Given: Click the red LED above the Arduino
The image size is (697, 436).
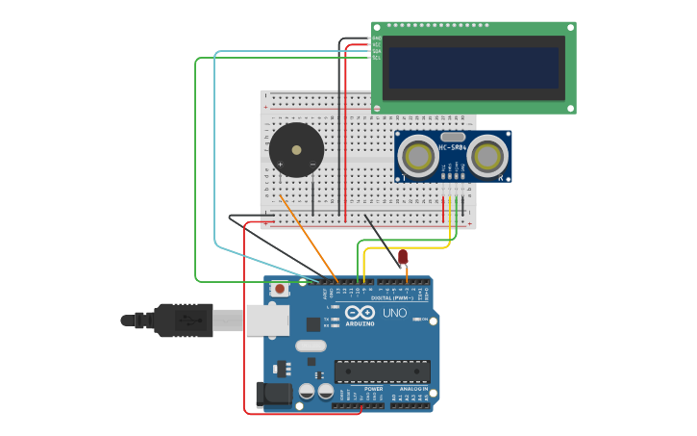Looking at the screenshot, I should click(403, 256).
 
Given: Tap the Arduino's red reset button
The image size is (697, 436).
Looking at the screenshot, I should click(280, 288).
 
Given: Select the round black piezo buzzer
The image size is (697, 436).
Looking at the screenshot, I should click(296, 150).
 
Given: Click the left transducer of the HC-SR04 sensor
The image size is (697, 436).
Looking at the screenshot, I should click(418, 156).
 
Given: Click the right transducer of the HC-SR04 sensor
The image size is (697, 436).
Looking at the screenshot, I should click(487, 156).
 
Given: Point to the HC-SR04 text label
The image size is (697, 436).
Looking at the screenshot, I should click(453, 147).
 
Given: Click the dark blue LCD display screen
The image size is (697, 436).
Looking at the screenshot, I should click(473, 67).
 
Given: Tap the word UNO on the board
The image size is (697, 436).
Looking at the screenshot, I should click(394, 313).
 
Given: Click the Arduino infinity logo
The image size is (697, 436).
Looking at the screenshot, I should click(360, 313).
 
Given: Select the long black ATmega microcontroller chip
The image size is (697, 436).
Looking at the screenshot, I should click(382, 371).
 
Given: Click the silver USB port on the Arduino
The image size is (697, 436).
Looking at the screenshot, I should click(267, 320).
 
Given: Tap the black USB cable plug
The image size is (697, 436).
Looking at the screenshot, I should click(183, 320).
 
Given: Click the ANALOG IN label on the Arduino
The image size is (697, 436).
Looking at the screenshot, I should click(414, 389).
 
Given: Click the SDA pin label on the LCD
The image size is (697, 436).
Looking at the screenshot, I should click(377, 51).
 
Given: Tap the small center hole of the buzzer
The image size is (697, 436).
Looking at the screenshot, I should click(296, 150).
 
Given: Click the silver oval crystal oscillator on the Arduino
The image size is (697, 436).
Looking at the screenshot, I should click(311, 346).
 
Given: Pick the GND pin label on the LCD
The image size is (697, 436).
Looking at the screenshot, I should click(377, 38).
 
